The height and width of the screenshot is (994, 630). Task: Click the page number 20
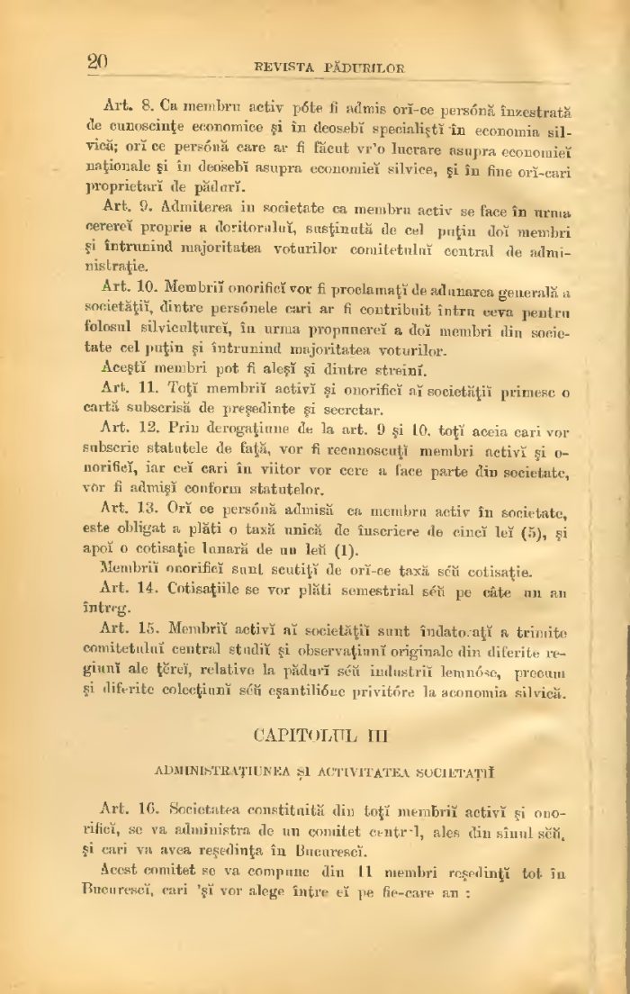pos(97,62)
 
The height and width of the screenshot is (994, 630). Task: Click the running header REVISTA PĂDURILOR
pos(329,68)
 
